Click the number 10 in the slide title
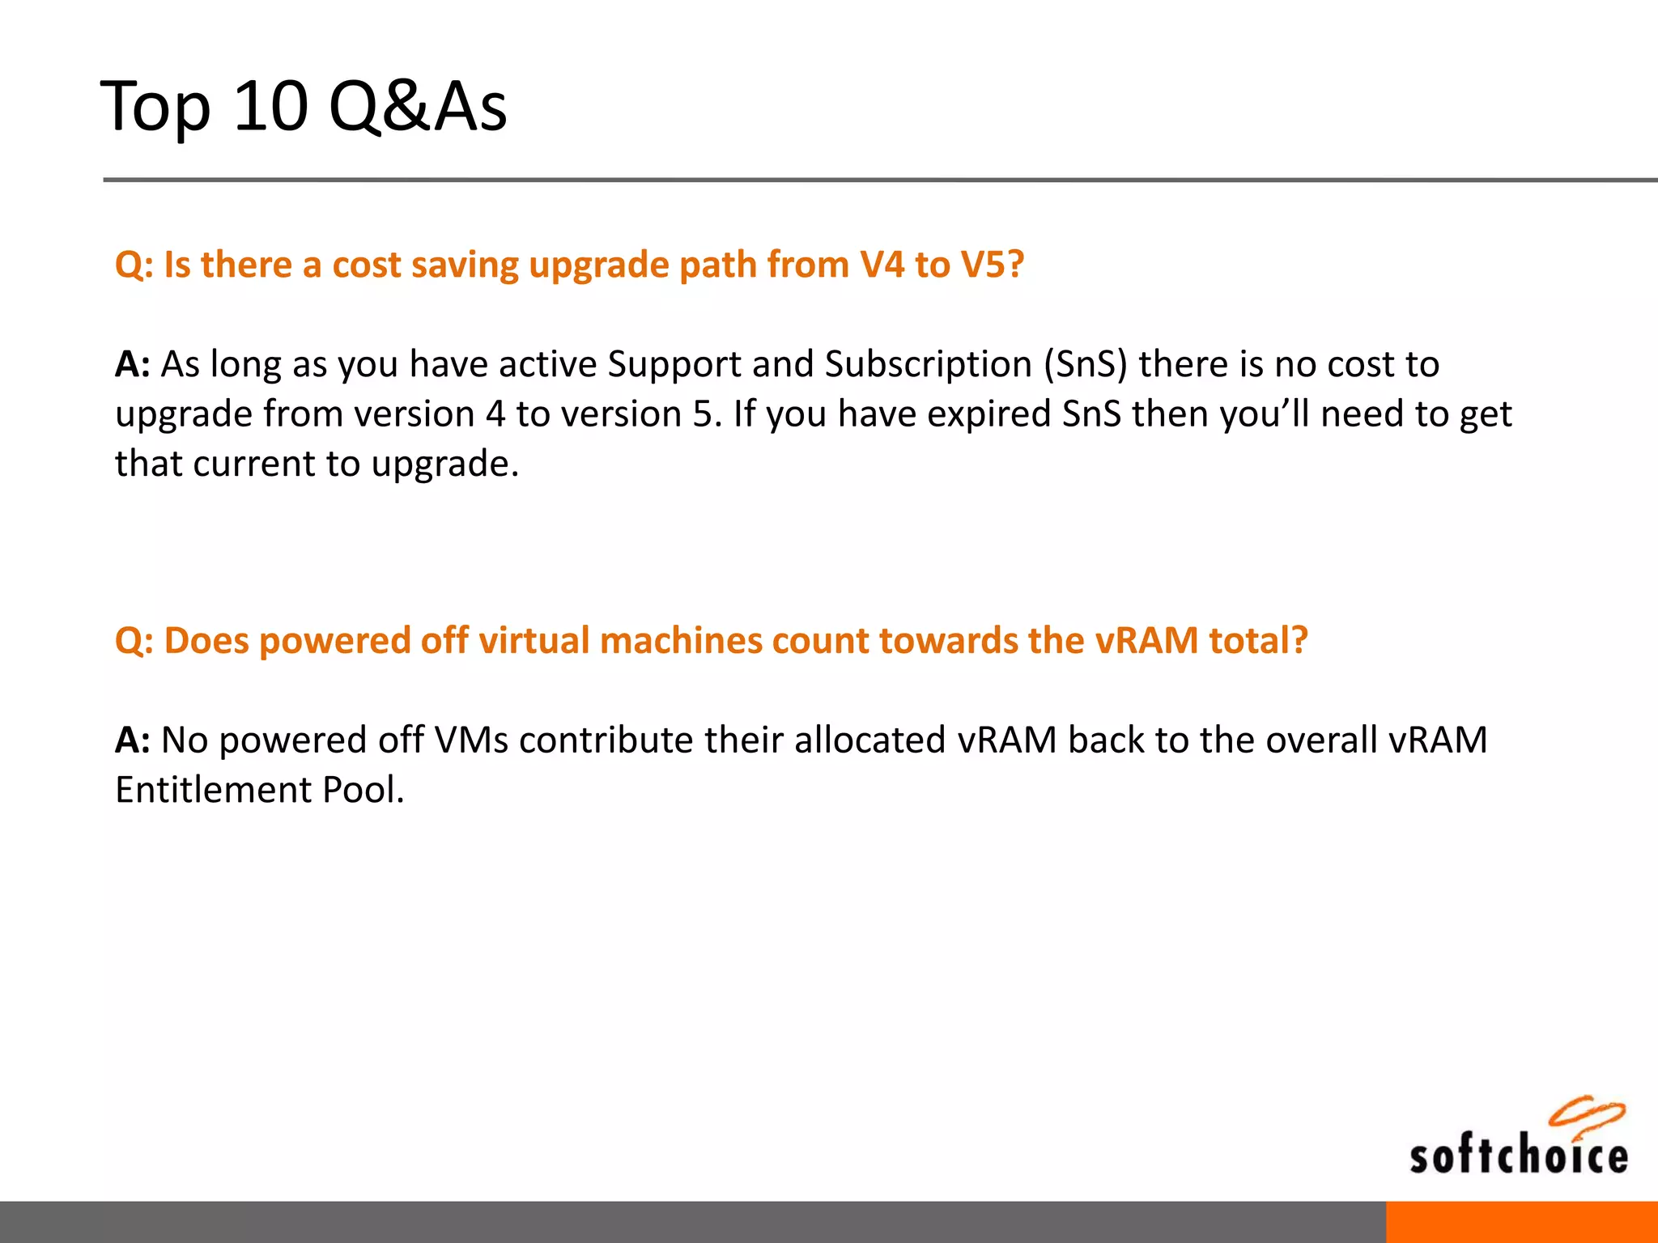pyautogui.click(x=270, y=106)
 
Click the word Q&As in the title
pyautogui.click(x=418, y=106)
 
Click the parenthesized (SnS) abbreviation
pyautogui.click(x=1085, y=365)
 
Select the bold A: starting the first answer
pyautogui.click(x=132, y=365)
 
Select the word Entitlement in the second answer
pyautogui.click(x=213, y=790)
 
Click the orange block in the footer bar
pyautogui.click(x=1521, y=1222)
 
